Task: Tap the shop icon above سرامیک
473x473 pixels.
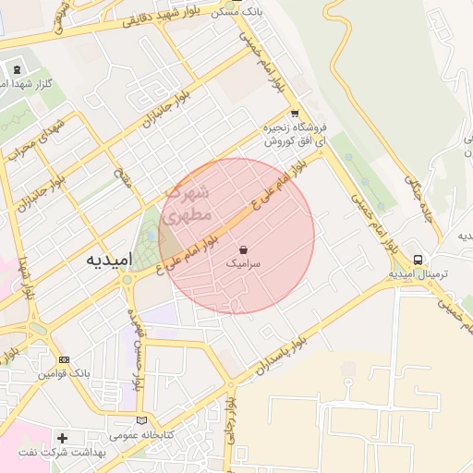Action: [x=243, y=249]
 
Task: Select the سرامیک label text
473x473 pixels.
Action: [x=243, y=264]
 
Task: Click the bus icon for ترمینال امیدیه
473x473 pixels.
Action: [x=418, y=260]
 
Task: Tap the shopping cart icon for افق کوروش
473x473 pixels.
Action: [x=295, y=114]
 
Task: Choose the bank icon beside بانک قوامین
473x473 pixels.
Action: [x=64, y=359]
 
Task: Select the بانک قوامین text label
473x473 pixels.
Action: [x=64, y=374]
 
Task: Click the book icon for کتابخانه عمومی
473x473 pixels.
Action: [x=141, y=419]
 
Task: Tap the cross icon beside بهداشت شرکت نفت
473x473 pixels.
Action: [x=62, y=438]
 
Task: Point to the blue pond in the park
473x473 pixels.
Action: [x=151, y=236]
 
